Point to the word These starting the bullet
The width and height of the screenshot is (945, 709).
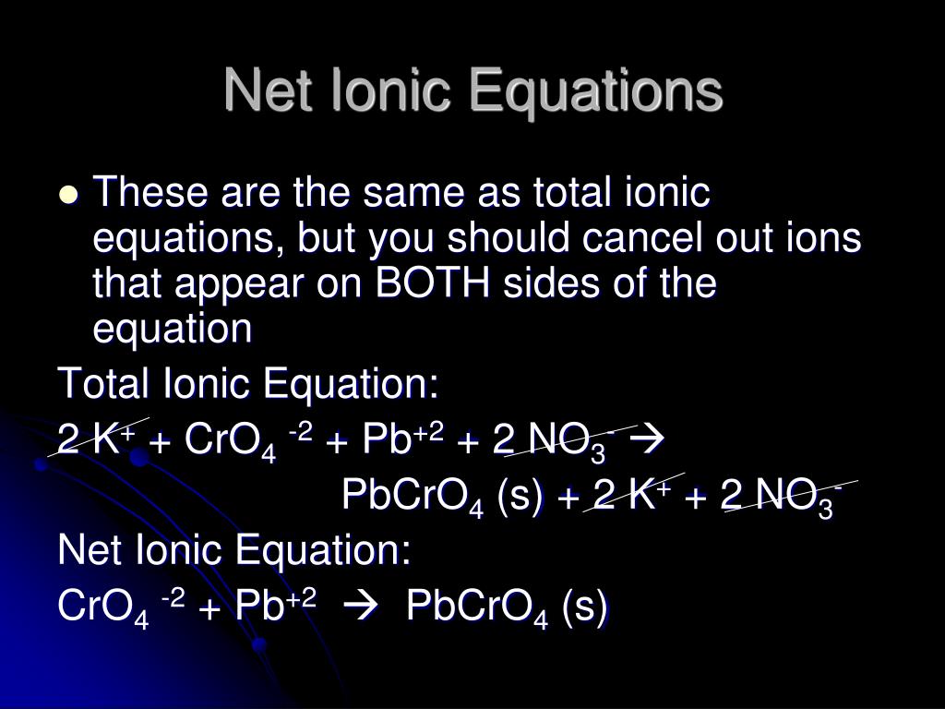(x=150, y=196)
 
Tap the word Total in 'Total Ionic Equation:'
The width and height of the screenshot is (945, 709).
(x=101, y=383)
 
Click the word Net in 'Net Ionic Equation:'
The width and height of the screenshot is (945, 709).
(x=86, y=552)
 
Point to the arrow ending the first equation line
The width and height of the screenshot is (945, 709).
(x=652, y=441)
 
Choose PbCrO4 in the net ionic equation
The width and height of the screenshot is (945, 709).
(x=472, y=609)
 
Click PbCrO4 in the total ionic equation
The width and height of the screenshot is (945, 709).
(x=413, y=498)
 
